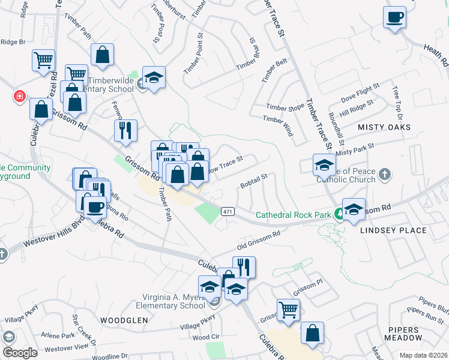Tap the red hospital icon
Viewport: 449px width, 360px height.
click(x=19, y=95)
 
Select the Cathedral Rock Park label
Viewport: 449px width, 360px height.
click(x=294, y=214)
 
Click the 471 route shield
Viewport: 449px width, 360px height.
click(x=227, y=212)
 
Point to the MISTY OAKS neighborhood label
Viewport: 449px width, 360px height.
click(x=384, y=127)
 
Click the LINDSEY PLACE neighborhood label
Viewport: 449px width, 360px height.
click(x=393, y=230)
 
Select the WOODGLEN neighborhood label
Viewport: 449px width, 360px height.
click(x=124, y=320)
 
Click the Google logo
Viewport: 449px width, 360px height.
click(x=20, y=352)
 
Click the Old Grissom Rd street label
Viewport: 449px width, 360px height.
click(x=258, y=240)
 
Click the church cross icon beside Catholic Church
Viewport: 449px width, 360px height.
click(x=385, y=175)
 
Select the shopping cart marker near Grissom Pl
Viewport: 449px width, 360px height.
click(x=289, y=310)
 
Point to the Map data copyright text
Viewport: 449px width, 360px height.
click(x=423, y=355)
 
